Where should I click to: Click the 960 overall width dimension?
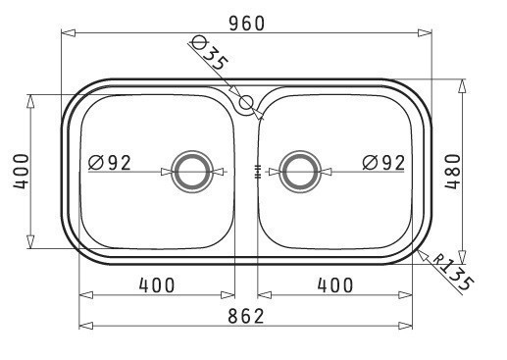[246, 24]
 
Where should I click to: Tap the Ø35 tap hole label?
[209, 52]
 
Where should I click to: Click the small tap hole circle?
[246, 102]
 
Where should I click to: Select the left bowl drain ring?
[192, 172]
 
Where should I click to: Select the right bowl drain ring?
[300, 172]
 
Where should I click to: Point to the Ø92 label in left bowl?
[110, 163]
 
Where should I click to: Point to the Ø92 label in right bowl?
[383, 163]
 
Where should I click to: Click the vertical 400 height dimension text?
[22, 172]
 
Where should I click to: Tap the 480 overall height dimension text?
[453, 172]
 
